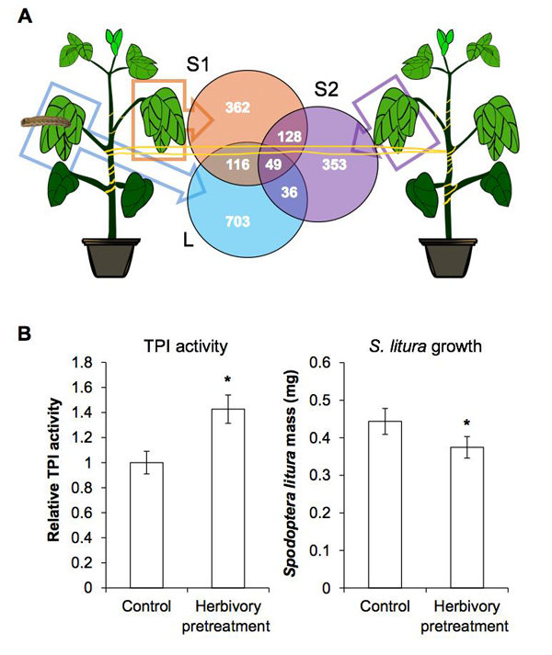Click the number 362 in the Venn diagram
[x=237, y=108]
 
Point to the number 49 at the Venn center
[x=273, y=164]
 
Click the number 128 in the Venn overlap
[x=288, y=136]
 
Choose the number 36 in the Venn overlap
[x=290, y=193]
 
